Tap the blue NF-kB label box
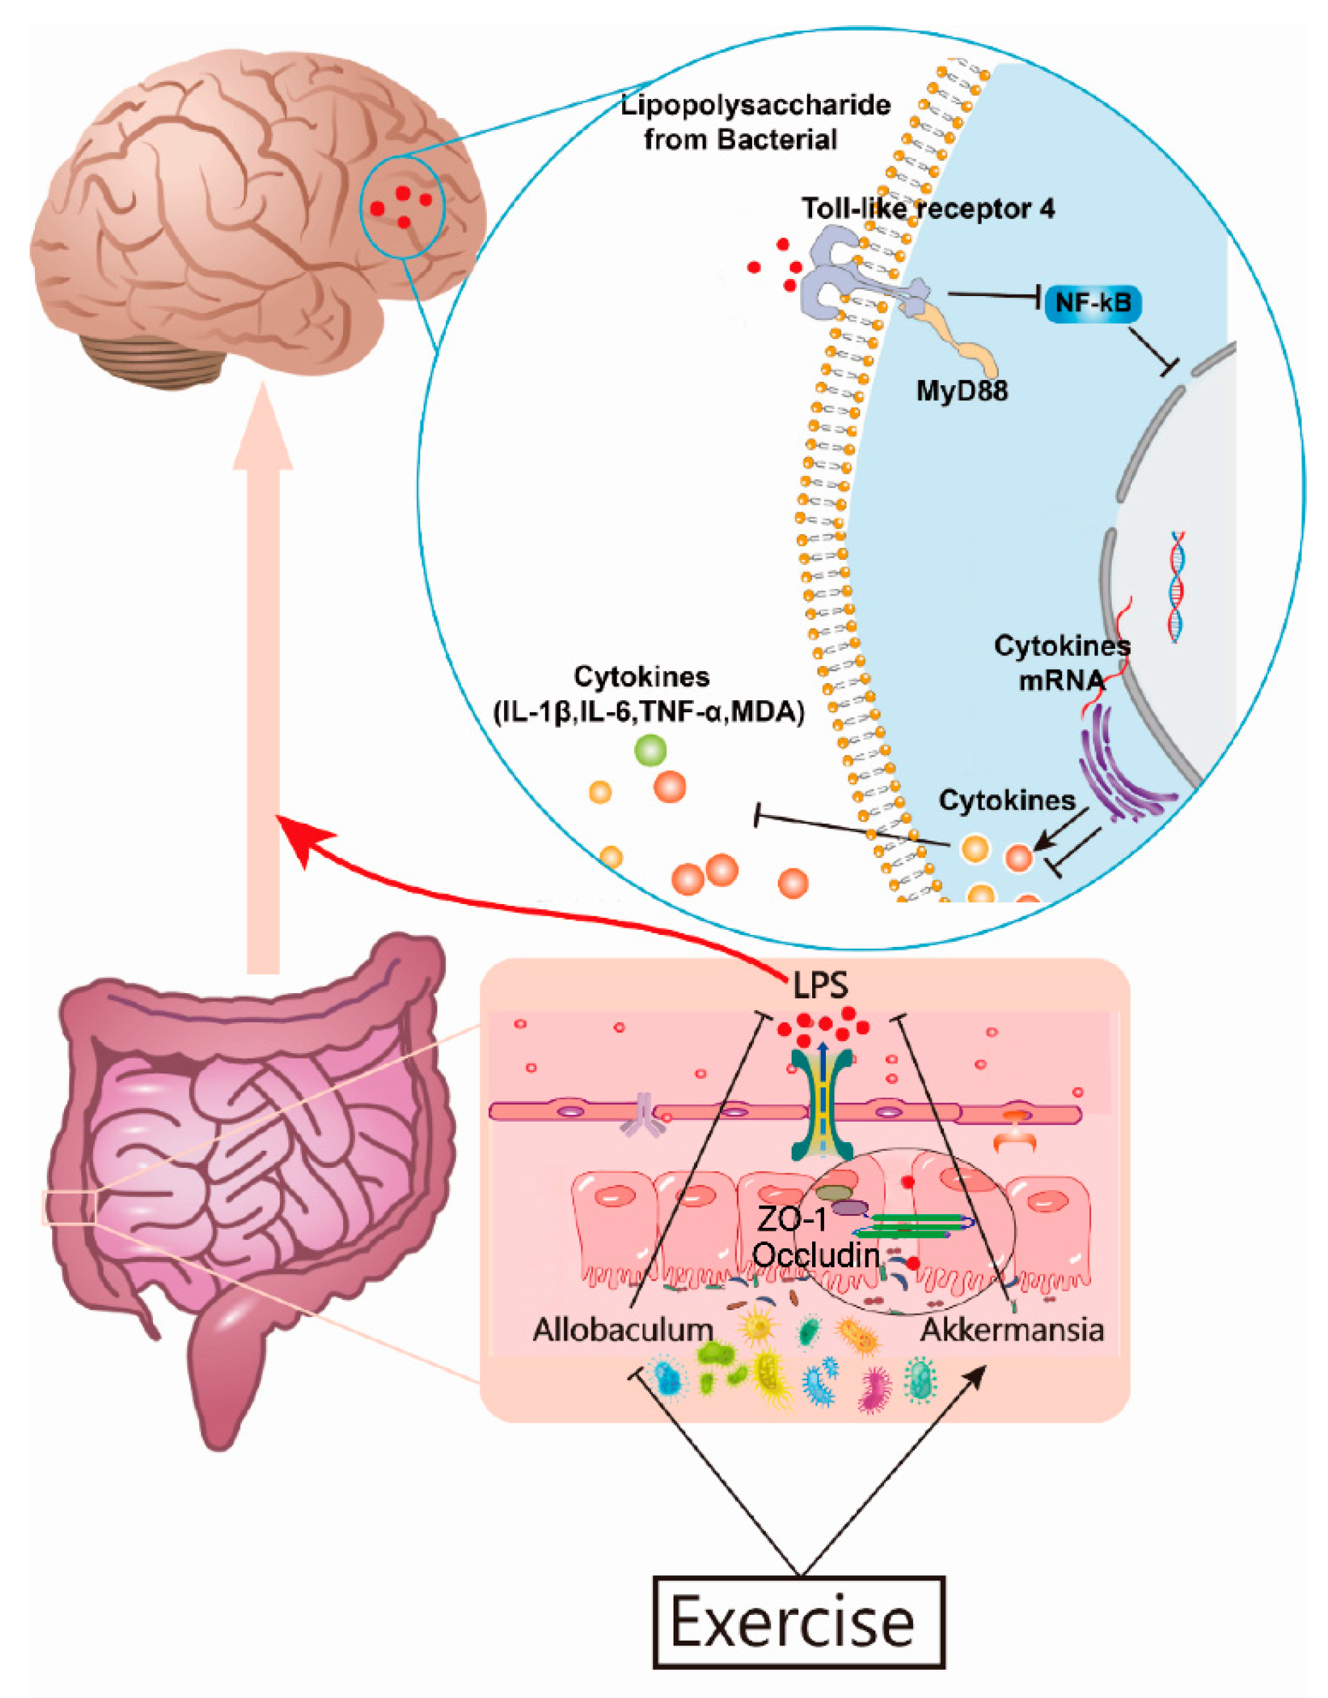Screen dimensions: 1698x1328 (x=1093, y=303)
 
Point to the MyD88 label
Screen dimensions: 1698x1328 (x=962, y=390)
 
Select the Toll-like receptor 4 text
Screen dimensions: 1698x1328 (x=928, y=208)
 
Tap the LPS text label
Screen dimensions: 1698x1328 (x=820, y=986)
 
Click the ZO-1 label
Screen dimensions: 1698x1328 (x=791, y=1221)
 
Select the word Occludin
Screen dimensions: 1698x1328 (x=816, y=1255)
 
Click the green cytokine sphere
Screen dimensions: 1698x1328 (x=650, y=750)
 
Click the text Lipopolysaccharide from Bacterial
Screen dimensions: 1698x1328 (x=755, y=122)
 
